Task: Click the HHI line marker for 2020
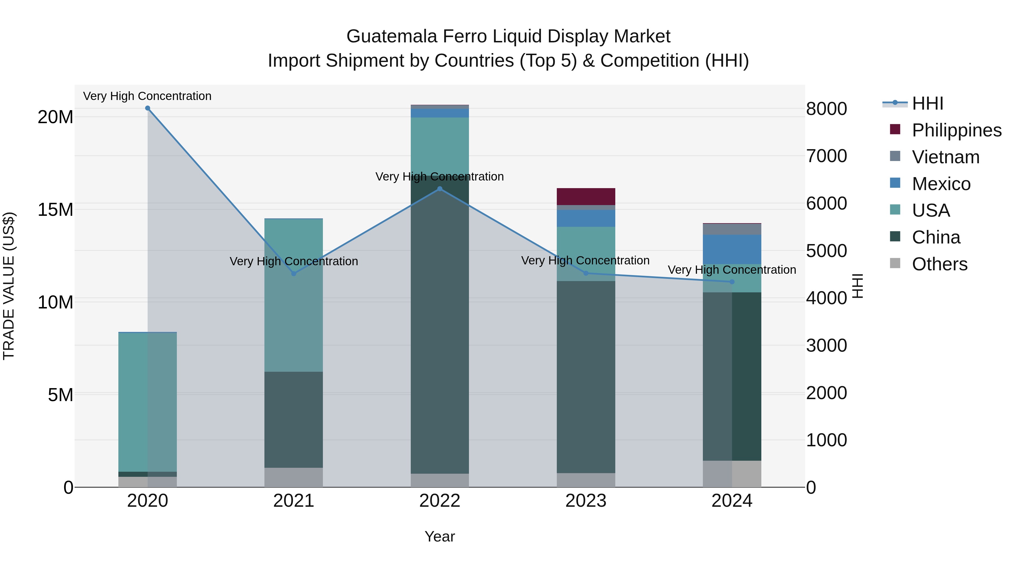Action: point(148,108)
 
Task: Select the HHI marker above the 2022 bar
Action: point(440,189)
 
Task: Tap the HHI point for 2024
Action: point(732,282)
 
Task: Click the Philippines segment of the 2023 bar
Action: point(586,197)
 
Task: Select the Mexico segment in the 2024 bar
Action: point(732,249)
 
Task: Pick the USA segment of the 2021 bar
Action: point(294,295)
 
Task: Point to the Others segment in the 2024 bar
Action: point(732,474)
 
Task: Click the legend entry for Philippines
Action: point(956,130)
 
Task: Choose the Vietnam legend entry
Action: point(946,157)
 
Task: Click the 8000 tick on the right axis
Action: point(826,109)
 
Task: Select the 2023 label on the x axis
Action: point(586,501)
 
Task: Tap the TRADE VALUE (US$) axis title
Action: point(9,286)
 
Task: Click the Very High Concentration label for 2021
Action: point(294,261)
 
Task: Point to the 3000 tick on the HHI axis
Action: point(826,346)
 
